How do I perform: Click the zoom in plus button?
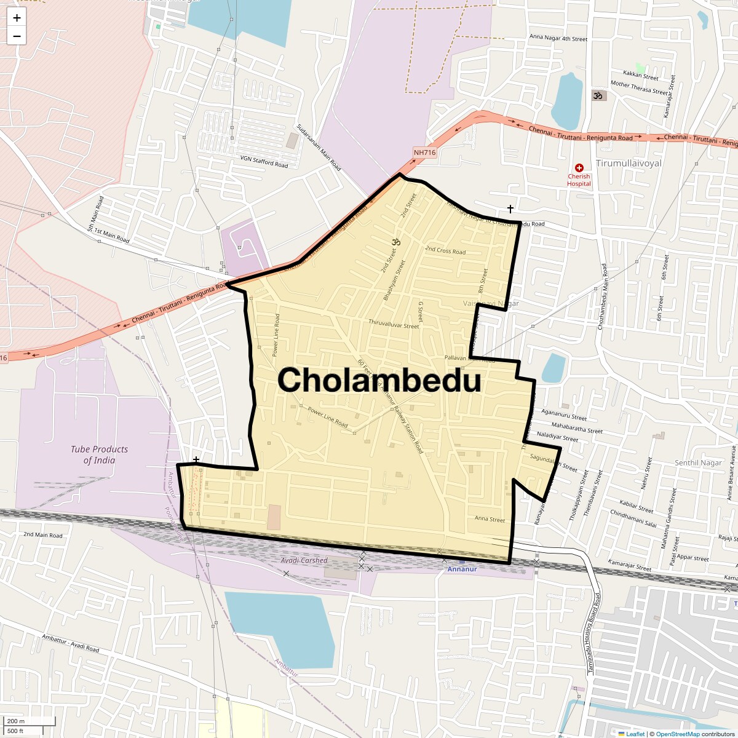17,18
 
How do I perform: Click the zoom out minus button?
17,36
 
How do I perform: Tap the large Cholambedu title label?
379,380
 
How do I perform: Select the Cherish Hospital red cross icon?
579,168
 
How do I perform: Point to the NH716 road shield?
424,153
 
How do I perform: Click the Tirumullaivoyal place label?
629,164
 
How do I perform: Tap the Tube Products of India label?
99,454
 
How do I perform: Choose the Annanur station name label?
462,569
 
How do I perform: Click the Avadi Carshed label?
304,560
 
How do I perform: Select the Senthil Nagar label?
698,463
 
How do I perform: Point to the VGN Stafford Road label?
264,161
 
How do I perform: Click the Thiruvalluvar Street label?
394,323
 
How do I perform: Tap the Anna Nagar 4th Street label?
558,38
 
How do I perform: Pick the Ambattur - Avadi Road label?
71,643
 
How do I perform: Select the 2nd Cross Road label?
445,250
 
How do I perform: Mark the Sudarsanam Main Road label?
319,148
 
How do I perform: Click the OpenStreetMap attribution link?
677,734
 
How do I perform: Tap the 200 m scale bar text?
16,721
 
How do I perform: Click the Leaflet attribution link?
635,734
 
